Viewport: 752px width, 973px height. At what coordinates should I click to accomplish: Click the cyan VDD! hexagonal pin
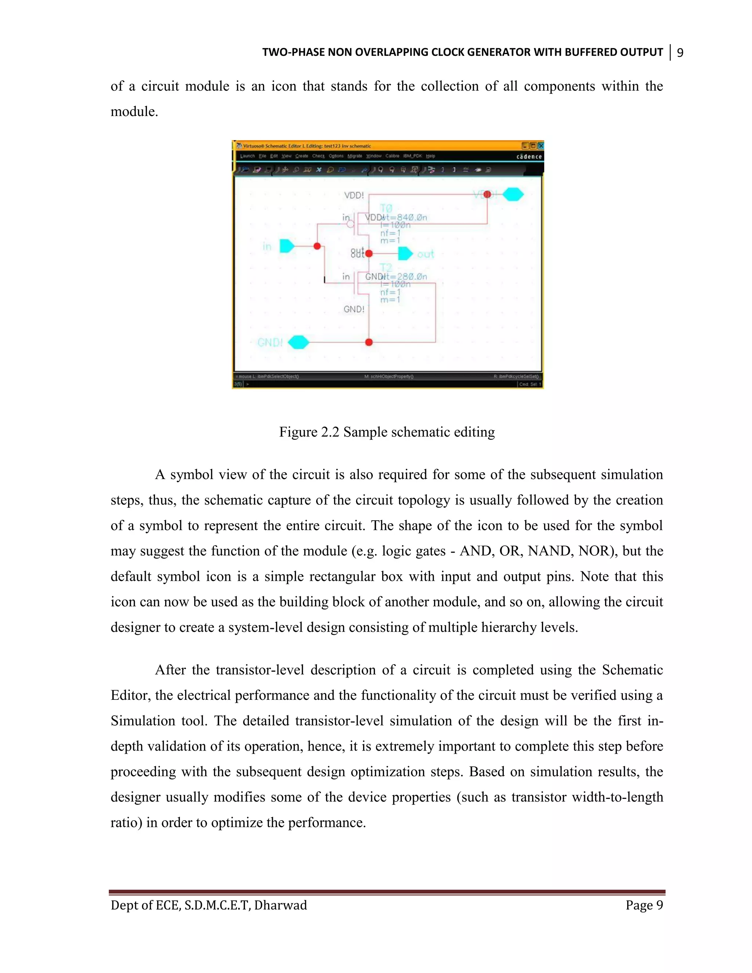513,194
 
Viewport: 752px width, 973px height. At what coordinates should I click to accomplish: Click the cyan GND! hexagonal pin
299,342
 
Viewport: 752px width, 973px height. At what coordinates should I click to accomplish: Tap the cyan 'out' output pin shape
405,253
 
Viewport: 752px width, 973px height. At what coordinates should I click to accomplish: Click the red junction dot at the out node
369,253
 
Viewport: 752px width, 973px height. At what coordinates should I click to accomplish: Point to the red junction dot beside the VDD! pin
487,194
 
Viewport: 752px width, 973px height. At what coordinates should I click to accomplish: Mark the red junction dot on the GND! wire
369,342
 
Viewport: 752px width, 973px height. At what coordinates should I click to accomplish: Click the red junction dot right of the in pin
317,246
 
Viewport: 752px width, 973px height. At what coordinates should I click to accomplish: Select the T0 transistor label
386,208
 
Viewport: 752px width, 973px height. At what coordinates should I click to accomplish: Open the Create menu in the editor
301,156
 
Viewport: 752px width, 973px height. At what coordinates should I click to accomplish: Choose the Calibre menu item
392,156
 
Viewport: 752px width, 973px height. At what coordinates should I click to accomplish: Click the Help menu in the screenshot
430,156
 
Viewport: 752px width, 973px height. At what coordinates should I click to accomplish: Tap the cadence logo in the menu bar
529,156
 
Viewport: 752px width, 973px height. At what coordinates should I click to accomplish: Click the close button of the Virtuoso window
540,146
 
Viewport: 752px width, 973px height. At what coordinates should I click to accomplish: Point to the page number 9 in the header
680,53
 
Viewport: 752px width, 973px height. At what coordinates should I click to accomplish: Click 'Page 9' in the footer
644,905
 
